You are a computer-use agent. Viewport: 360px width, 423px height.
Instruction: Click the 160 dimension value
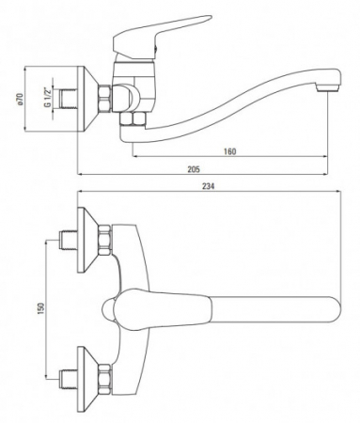point(229,151)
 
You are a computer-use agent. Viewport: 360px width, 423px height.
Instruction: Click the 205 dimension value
point(194,169)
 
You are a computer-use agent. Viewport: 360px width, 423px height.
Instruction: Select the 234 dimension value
point(209,186)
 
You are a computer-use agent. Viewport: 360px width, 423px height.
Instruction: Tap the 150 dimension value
point(40,308)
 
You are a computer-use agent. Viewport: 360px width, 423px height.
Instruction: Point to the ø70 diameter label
point(19,99)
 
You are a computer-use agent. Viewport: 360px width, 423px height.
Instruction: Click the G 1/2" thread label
point(48,97)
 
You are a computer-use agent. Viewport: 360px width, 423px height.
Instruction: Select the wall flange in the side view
point(87,99)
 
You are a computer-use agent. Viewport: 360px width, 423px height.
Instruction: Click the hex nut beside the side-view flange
point(104,98)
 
